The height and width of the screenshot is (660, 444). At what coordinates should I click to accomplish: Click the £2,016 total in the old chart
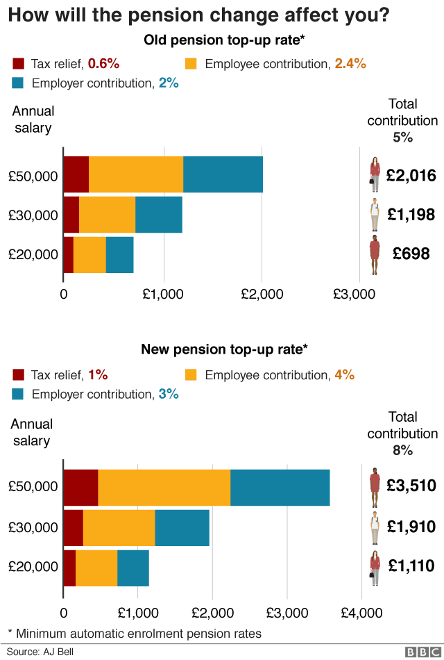(411, 176)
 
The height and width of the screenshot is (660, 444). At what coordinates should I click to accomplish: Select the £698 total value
(411, 254)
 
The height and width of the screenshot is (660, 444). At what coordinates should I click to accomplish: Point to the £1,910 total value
(411, 527)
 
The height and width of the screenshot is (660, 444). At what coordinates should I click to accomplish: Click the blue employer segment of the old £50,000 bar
(223, 174)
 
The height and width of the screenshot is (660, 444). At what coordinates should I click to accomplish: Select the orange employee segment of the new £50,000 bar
(164, 487)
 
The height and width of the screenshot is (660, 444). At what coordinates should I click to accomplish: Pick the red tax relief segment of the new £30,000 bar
(73, 527)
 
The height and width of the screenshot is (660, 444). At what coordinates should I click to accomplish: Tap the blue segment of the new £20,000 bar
(133, 567)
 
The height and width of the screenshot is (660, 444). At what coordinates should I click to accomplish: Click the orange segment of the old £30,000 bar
(107, 214)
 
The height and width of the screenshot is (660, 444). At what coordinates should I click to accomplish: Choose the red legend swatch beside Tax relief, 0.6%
(19, 64)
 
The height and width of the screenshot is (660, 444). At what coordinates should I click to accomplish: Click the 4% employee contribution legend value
(344, 374)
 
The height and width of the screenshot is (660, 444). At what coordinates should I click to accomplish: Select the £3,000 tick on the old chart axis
(355, 294)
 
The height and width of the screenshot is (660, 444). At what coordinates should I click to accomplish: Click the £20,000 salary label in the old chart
(33, 254)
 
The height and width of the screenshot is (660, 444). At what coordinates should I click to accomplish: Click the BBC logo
(419, 652)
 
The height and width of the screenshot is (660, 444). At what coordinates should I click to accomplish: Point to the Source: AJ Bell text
(40, 652)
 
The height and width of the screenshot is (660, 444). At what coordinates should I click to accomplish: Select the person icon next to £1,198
(375, 215)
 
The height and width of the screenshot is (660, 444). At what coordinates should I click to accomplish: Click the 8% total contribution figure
(402, 450)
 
